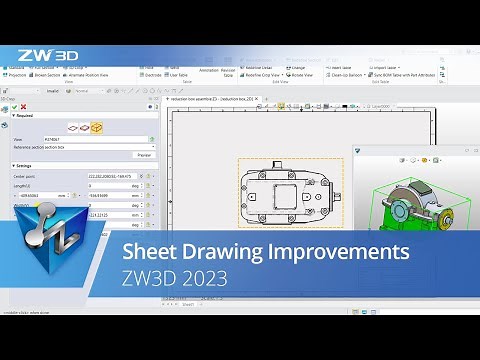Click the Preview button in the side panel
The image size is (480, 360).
click(144, 155)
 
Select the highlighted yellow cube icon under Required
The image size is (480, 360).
click(96, 128)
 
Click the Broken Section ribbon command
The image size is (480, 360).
click(46, 74)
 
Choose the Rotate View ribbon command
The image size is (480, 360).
click(300, 74)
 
